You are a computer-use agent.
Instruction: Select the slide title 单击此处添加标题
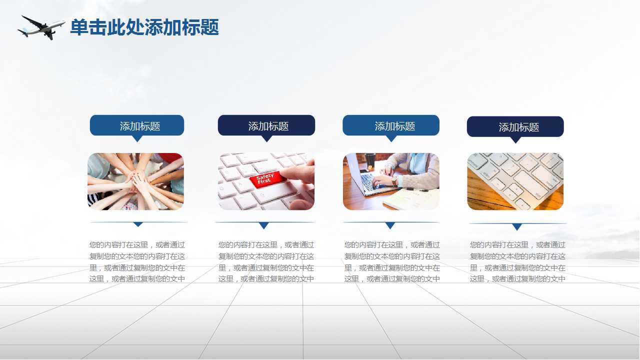pos(144,27)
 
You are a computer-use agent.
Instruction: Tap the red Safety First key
pos(264,179)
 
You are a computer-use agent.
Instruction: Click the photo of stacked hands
pos(135,181)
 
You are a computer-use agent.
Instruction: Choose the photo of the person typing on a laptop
pos(391,181)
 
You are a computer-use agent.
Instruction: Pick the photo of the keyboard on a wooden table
pos(515,181)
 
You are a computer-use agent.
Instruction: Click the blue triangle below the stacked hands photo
pos(138,224)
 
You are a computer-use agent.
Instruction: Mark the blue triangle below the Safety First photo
pos(264,225)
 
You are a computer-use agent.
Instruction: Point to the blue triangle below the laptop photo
pos(390,225)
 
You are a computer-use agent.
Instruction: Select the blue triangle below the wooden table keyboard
pos(517,226)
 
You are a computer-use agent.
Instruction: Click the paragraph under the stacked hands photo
pos(137,262)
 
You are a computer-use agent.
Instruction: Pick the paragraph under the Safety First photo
pos(266,262)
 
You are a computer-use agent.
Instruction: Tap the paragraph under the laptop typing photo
pos(392,262)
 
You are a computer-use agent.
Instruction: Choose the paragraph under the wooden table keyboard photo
pos(517,262)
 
